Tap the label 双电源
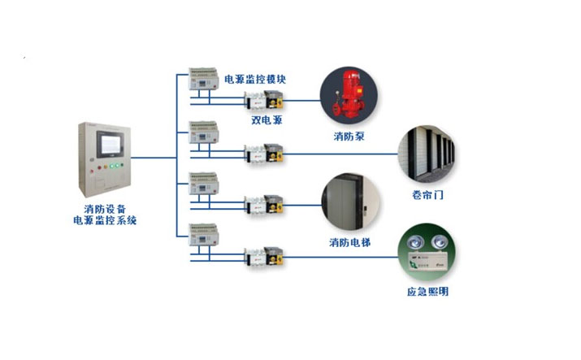[x=266, y=119]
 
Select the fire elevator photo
[x=350, y=200]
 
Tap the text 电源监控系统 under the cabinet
[x=104, y=219]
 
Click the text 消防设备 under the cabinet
[x=104, y=208]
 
